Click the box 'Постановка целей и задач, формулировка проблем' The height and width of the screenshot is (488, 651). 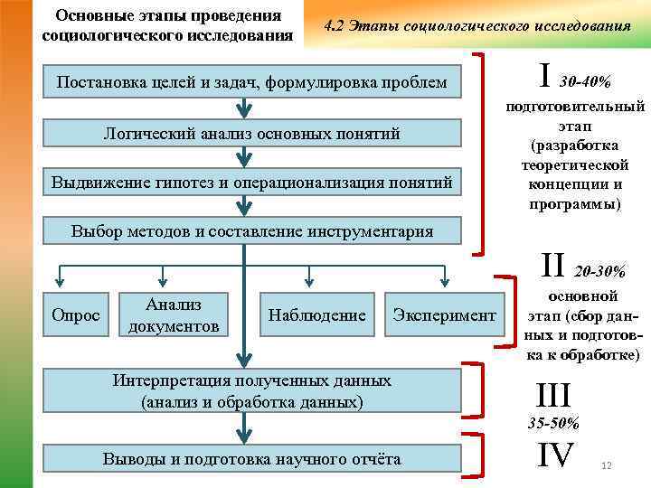(251, 83)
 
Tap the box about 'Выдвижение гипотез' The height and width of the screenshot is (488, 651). (251, 183)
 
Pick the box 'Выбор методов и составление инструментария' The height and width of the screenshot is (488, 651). (251, 231)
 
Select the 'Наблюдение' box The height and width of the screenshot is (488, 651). (316, 315)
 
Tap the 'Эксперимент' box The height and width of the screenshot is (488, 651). (444, 315)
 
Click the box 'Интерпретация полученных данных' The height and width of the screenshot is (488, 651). (251, 390)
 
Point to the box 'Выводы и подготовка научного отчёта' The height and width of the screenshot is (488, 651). (251, 459)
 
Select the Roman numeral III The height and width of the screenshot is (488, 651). (553, 395)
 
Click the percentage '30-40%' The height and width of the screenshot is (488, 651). (586, 83)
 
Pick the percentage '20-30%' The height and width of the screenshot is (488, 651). (599, 271)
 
